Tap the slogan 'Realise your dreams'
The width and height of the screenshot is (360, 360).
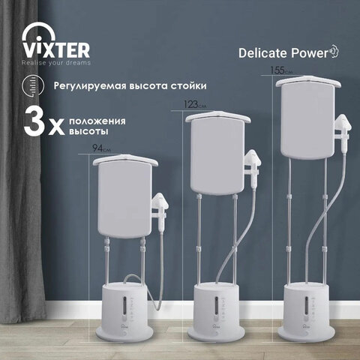[x=56, y=63]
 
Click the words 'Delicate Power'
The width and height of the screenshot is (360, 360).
[x=283, y=53]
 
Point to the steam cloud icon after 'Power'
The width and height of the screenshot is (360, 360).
[x=334, y=52]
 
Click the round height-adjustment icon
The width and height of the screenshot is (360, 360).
[x=33, y=85]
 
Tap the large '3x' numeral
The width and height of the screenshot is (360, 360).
[x=44, y=122]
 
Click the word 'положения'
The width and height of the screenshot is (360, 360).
[x=97, y=121]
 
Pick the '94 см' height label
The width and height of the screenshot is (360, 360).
[x=101, y=148]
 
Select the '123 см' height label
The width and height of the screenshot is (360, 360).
[x=195, y=104]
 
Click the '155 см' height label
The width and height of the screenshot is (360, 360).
[x=281, y=70]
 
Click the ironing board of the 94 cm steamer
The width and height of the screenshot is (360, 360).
[x=124, y=197]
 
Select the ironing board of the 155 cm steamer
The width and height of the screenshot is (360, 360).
[x=308, y=118]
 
